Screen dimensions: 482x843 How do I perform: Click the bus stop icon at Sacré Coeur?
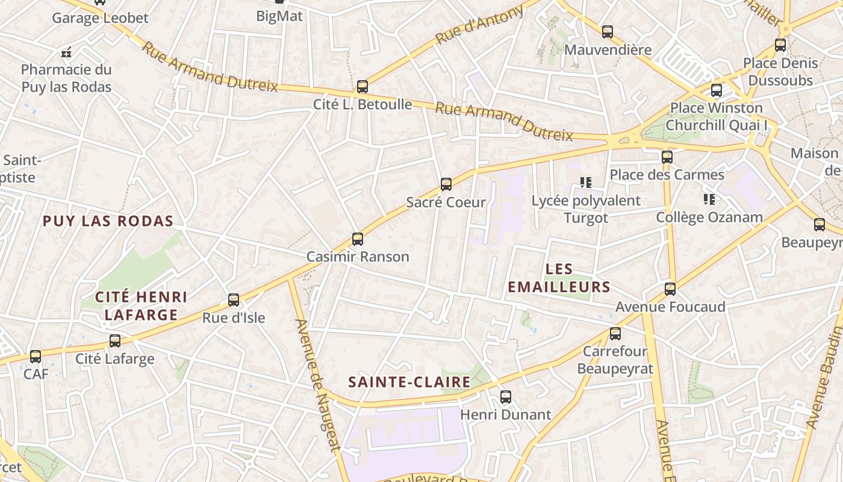pyautogui.click(x=446, y=184)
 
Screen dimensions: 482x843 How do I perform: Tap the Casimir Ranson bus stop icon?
pyautogui.click(x=358, y=239)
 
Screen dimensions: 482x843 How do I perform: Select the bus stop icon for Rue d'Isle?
pyautogui.click(x=234, y=299)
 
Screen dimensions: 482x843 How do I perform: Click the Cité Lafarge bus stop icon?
pyautogui.click(x=115, y=341)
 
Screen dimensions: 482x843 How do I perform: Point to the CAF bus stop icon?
pyautogui.click(x=36, y=357)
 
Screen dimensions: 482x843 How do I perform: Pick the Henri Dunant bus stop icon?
pyautogui.click(x=506, y=397)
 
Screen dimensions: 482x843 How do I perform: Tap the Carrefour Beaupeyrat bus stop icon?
pyautogui.click(x=615, y=333)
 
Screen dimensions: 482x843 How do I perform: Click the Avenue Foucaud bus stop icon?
pyautogui.click(x=670, y=289)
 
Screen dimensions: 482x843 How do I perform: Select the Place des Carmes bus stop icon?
pyautogui.click(x=667, y=157)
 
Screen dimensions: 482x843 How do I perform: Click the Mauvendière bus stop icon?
pyautogui.click(x=608, y=32)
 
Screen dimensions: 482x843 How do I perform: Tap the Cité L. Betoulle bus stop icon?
pyautogui.click(x=362, y=87)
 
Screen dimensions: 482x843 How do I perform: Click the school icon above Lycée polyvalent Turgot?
pyautogui.click(x=585, y=182)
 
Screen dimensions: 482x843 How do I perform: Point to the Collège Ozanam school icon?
pyautogui.click(x=709, y=199)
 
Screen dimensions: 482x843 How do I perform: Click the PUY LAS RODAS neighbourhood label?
pyautogui.click(x=108, y=221)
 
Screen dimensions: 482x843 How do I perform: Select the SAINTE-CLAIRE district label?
pyautogui.click(x=409, y=382)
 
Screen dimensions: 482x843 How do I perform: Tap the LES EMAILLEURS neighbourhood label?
pyautogui.click(x=559, y=278)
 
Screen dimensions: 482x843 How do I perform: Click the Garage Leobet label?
pyautogui.click(x=100, y=17)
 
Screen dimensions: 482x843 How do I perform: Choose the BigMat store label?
pyautogui.click(x=279, y=16)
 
